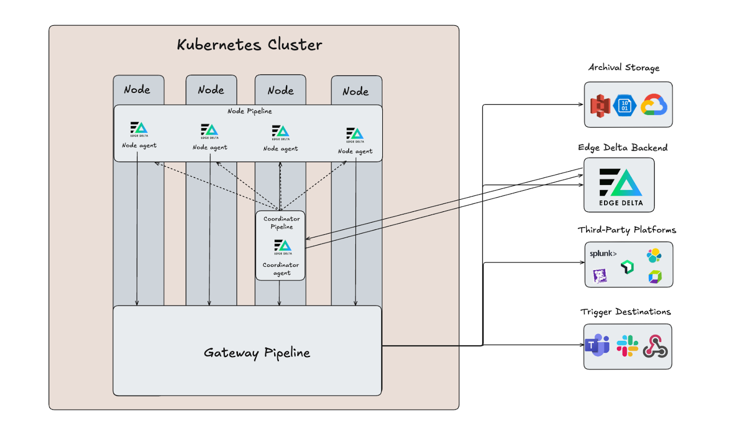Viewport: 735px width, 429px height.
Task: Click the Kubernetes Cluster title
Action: coord(249,45)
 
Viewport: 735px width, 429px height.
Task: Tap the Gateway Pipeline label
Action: coord(257,353)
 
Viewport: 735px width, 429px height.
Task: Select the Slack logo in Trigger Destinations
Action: coord(627,346)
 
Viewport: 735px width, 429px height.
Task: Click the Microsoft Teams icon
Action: coord(597,345)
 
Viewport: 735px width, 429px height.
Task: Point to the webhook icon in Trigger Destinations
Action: coord(655,346)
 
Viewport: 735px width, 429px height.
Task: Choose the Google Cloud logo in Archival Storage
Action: coord(654,105)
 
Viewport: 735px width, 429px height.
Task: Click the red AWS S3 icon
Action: coord(600,106)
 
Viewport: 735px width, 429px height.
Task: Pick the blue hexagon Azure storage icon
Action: coord(625,106)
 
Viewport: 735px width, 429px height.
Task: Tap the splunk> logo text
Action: coord(603,254)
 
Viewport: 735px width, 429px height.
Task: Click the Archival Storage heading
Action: coord(624,68)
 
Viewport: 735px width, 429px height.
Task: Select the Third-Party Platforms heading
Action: coord(627,230)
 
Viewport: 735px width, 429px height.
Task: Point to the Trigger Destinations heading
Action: coord(625,312)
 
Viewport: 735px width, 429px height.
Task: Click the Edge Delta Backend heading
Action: coord(622,147)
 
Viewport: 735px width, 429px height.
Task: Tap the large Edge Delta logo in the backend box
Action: coord(621,183)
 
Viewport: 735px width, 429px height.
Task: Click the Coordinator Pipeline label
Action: coord(282,223)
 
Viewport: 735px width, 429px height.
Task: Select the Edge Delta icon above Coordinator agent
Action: coord(283,246)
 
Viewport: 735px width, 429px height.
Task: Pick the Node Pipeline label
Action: coord(249,111)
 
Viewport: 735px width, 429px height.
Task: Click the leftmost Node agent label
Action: coord(139,146)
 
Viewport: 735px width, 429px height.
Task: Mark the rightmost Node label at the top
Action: coord(356,91)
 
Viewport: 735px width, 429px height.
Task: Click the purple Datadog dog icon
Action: coord(600,276)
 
